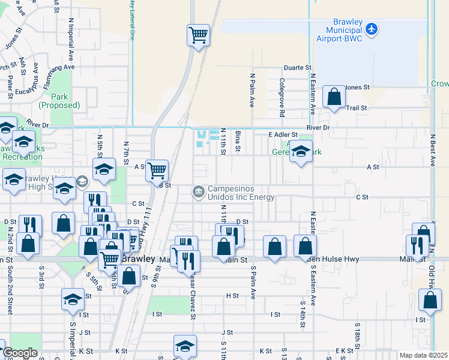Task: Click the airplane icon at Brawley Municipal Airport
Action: [x=372, y=29]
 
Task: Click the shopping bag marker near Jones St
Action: [x=334, y=96]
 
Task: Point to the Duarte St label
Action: [x=298, y=68]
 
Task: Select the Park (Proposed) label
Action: [x=59, y=101]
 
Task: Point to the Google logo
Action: [x=20, y=353]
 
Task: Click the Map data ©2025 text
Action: [x=423, y=355]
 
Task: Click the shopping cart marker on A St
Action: [x=157, y=170]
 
